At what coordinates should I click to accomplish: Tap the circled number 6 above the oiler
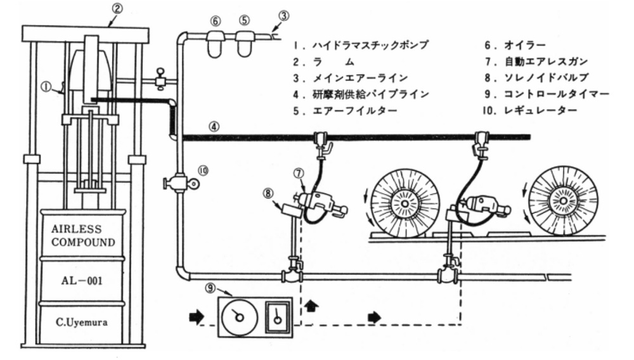click(x=216, y=20)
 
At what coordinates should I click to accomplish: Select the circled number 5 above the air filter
click(x=243, y=20)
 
